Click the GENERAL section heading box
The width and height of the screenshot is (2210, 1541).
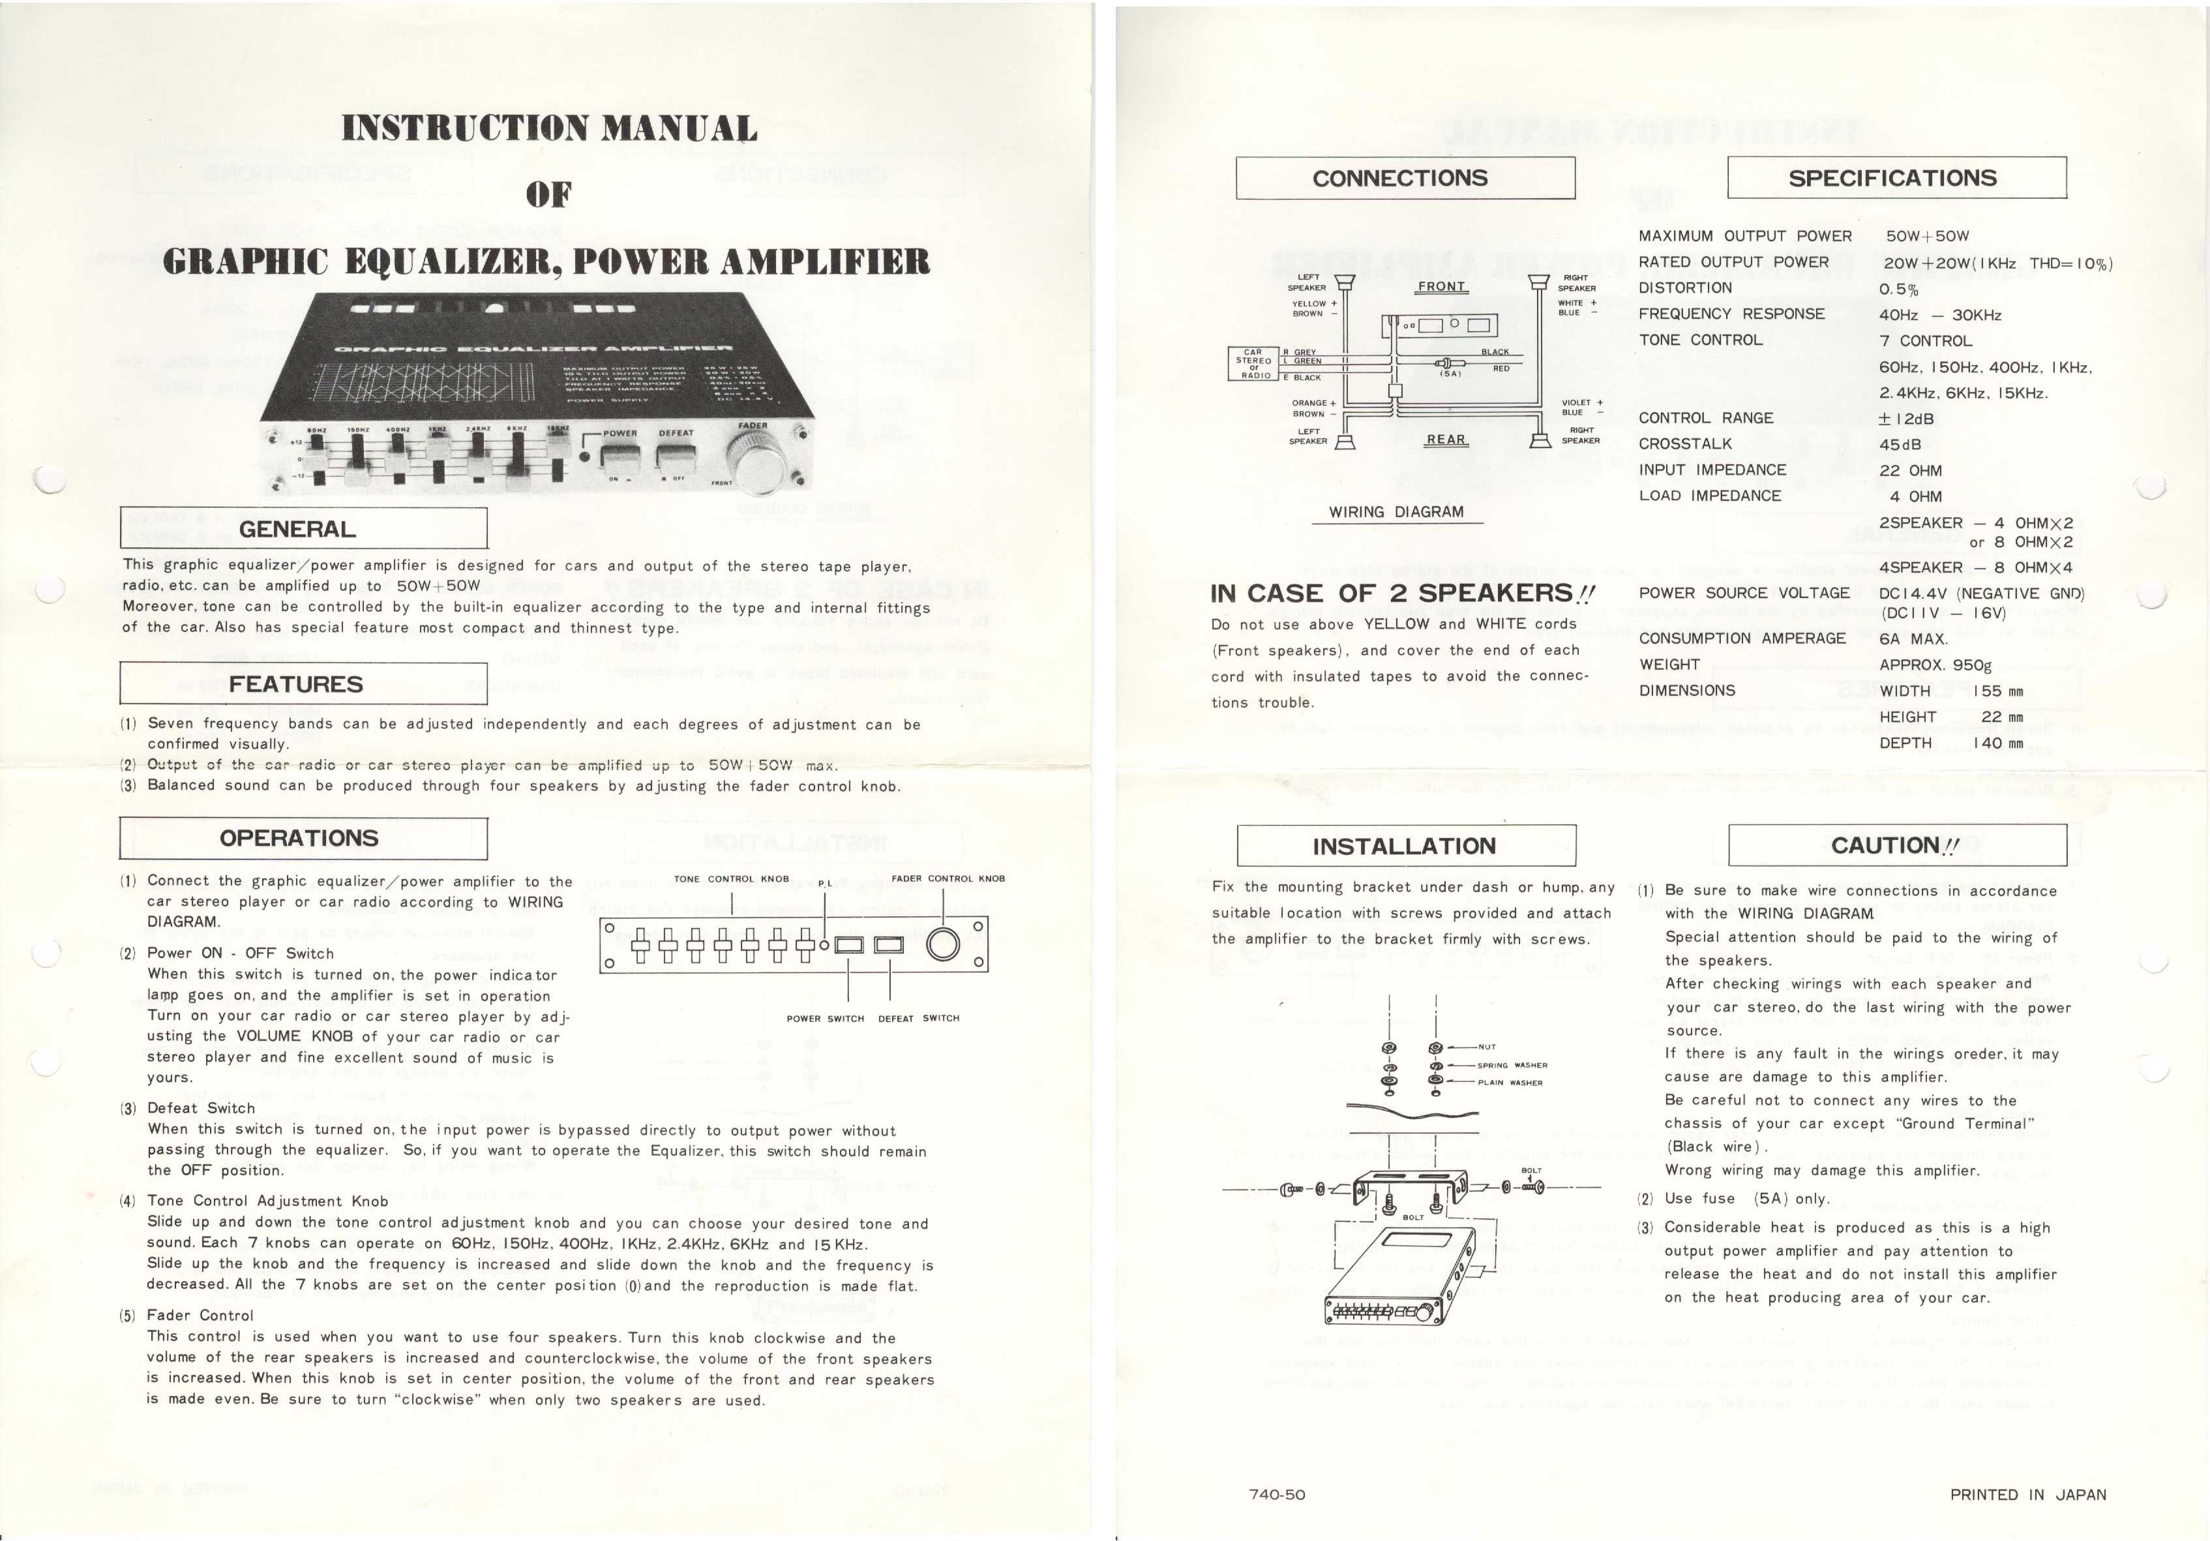tap(303, 528)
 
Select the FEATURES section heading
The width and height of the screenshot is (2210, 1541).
tap(303, 683)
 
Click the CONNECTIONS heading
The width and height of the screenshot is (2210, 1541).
tap(1405, 178)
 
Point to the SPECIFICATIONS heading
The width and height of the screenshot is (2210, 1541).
tap(1896, 178)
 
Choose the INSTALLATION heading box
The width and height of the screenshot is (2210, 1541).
tap(1405, 846)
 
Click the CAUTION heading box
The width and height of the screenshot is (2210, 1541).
tap(1896, 845)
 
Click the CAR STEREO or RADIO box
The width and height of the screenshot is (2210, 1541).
tap(1253, 364)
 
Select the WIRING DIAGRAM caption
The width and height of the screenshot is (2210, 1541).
tap(1397, 512)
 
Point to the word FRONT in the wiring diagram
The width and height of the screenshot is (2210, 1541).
tap(1441, 287)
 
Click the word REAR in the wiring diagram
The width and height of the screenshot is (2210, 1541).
tap(1446, 440)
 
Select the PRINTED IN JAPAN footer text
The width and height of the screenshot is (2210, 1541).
tap(2027, 1495)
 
